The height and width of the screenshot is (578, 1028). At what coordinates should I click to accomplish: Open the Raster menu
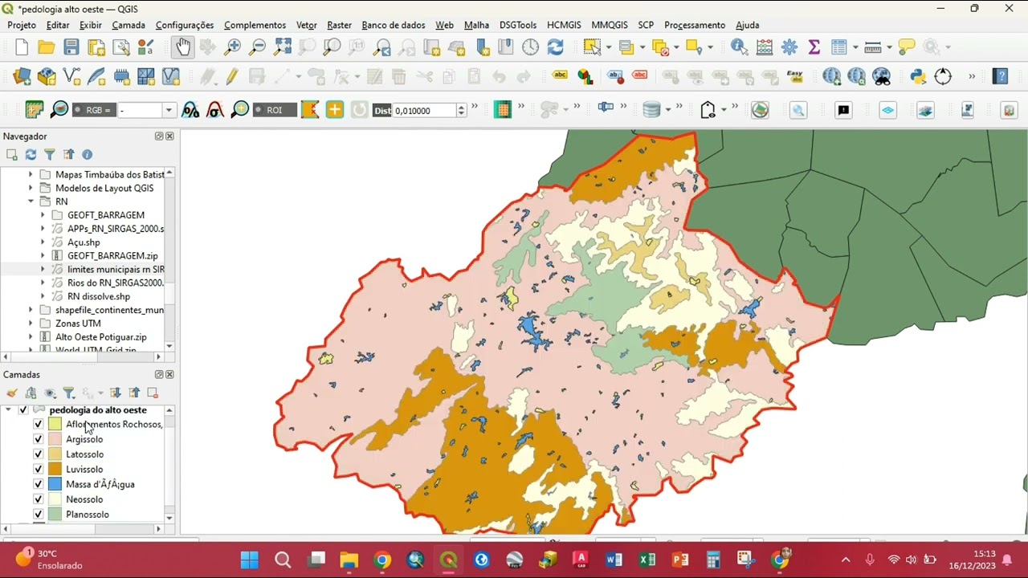pos(339,25)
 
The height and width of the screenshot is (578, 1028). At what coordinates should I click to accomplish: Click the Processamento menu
pos(694,25)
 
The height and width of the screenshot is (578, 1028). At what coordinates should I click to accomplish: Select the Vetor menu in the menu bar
pos(306,25)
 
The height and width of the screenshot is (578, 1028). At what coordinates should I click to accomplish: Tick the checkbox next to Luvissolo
pos(38,469)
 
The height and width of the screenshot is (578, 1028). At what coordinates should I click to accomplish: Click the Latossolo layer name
pos(84,454)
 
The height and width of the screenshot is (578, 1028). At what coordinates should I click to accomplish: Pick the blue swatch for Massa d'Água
pos(55,484)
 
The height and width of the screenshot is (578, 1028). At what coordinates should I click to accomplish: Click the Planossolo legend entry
pos(87,515)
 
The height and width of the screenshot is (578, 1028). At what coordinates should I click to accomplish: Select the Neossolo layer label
pos(84,499)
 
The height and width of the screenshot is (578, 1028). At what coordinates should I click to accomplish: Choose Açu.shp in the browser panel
pos(84,242)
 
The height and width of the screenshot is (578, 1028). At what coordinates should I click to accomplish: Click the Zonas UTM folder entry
pos(78,324)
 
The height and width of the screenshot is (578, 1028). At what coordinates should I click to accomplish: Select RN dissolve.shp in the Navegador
pos(98,296)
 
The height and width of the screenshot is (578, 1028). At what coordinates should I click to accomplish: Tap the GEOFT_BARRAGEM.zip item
pos(112,255)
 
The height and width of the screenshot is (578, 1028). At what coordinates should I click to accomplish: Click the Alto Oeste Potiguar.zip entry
pos(100,337)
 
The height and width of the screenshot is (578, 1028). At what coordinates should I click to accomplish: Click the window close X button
pos(1009,9)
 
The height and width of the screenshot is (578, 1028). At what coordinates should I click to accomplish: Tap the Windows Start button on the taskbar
pos(249,560)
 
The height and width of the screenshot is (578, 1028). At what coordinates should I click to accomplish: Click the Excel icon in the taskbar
pos(647,560)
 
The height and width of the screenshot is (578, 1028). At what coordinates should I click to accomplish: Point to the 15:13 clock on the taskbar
pos(984,554)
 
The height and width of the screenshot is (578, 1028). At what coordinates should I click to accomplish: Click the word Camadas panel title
pos(22,375)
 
